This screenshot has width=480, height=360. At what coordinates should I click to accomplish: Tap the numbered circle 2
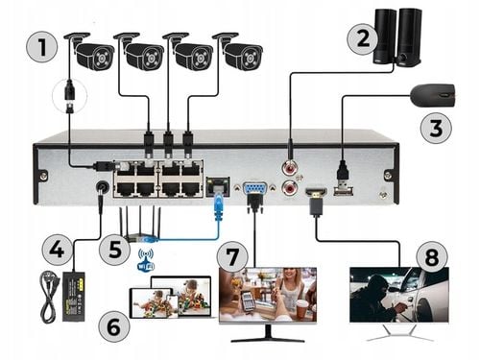(x=361, y=39)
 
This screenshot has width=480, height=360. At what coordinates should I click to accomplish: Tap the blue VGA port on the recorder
(x=254, y=189)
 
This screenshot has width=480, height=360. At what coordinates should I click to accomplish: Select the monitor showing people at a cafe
(x=267, y=296)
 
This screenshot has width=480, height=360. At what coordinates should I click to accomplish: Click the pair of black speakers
(x=397, y=36)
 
